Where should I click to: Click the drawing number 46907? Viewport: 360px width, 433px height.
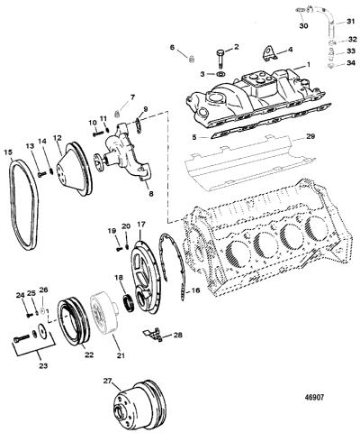314,397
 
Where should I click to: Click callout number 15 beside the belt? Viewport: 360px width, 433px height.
8,152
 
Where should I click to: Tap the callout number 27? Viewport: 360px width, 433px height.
107,381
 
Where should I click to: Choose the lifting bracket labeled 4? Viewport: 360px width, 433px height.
268,54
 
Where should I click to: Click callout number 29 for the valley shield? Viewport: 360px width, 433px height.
310,136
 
